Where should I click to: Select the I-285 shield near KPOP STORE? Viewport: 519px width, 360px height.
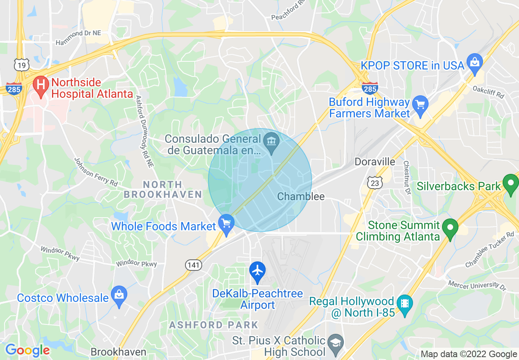point(370,88)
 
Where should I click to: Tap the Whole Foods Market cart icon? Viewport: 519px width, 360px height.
point(226,223)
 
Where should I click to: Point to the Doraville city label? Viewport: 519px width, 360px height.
point(375,162)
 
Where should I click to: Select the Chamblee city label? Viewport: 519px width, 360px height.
point(301,197)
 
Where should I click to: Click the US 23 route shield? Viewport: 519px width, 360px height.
point(375,183)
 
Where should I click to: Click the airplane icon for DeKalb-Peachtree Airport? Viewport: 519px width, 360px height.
point(257,271)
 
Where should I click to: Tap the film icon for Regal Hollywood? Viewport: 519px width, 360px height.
point(405,304)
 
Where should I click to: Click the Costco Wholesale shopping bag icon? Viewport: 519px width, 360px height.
point(119,295)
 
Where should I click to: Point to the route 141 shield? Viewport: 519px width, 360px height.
point(193,265)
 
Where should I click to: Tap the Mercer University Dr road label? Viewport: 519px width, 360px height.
point(477,285)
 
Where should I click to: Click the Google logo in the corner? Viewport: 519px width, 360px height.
point(27,350)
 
